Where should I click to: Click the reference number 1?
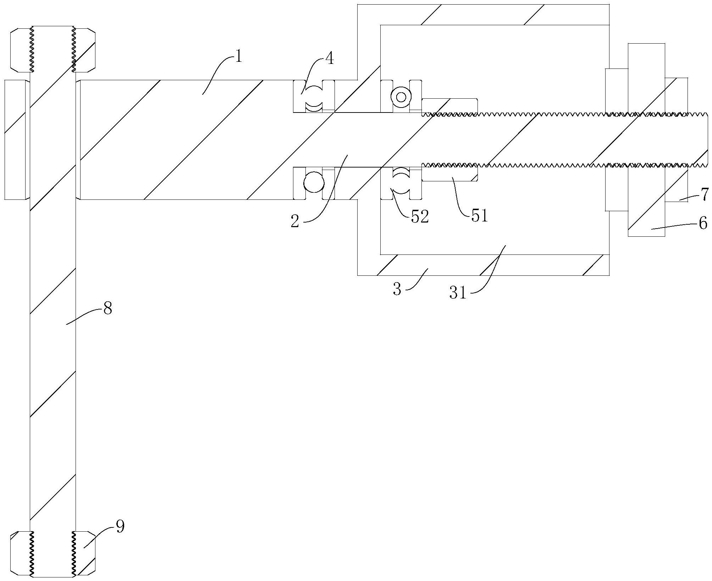pyautogui.click(x=238, y=57)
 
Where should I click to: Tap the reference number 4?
pyautogui.click(x=329, y=59)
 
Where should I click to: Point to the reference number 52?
pyautogui.click(x=420, y=216)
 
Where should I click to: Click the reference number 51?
pyautogui.click(x=480, y=215)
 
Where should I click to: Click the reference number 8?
pyautogui.click(x=107, y=308)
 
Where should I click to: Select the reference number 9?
pyautogui.click(x=120, y=527)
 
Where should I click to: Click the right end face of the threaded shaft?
pyautogui.click(x=708, y=139)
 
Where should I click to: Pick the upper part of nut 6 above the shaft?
pyautogui.click(x=646, y=78)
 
